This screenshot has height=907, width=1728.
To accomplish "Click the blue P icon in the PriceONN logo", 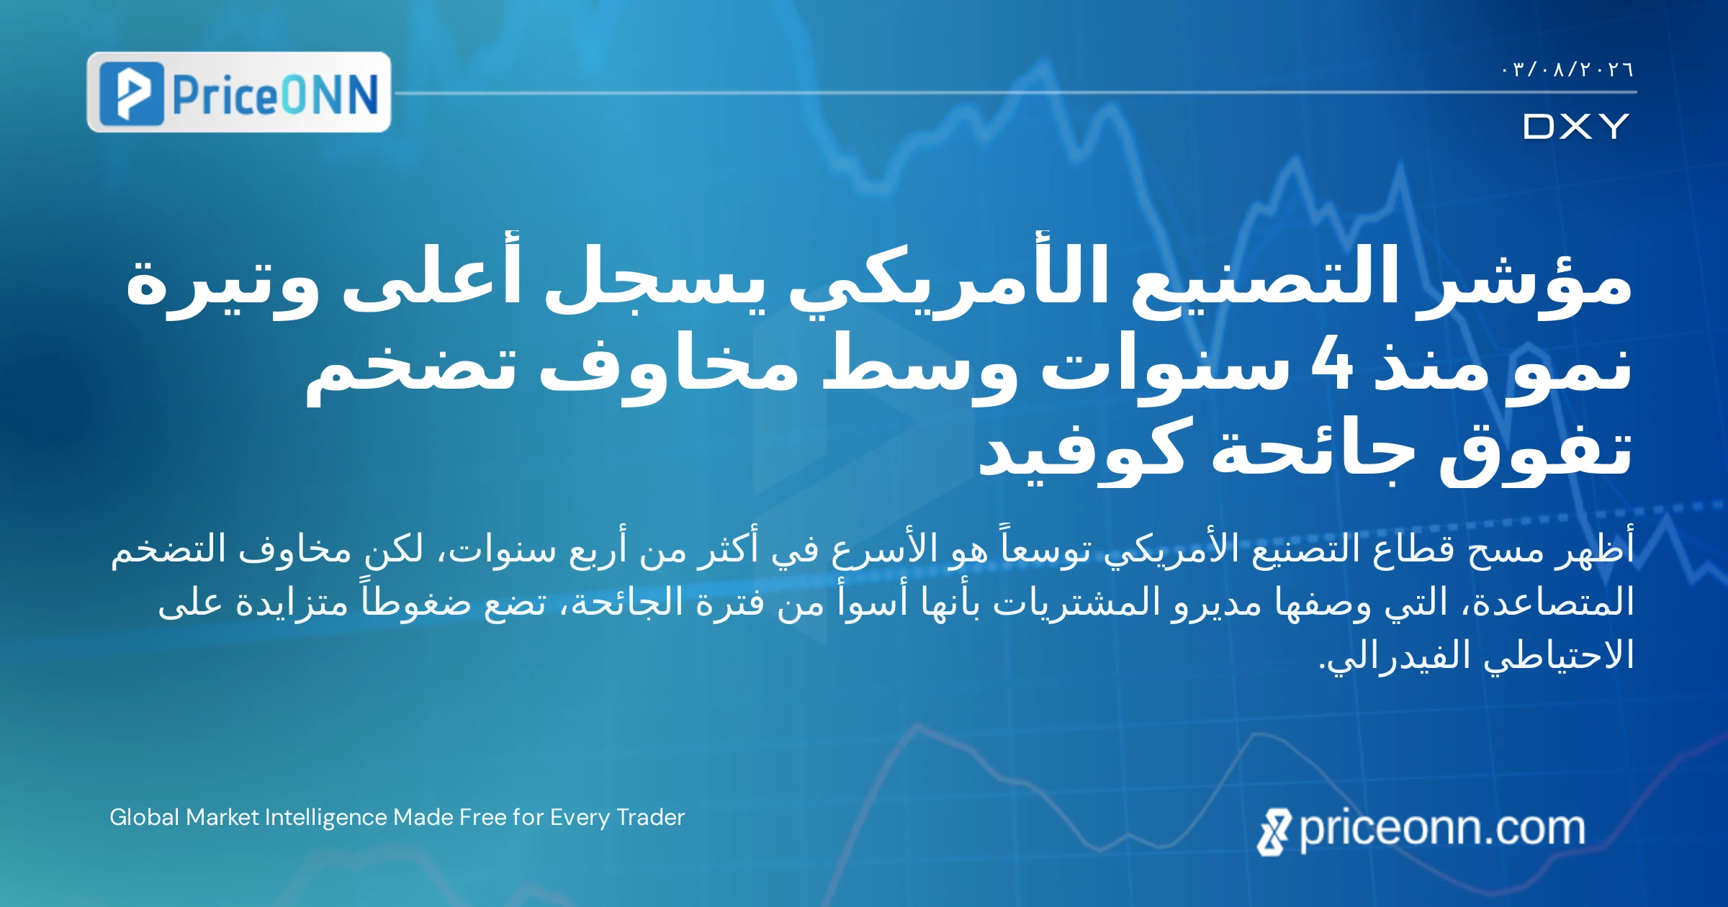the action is (x=131, y=94).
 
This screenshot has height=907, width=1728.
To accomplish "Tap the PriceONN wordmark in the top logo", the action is (x=275, y=94).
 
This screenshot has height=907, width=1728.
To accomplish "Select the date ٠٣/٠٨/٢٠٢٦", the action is (x=1567, y=70).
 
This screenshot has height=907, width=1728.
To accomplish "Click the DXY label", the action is (x=1577, y=127).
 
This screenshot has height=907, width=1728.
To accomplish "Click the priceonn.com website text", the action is (x=1442, y=830).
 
